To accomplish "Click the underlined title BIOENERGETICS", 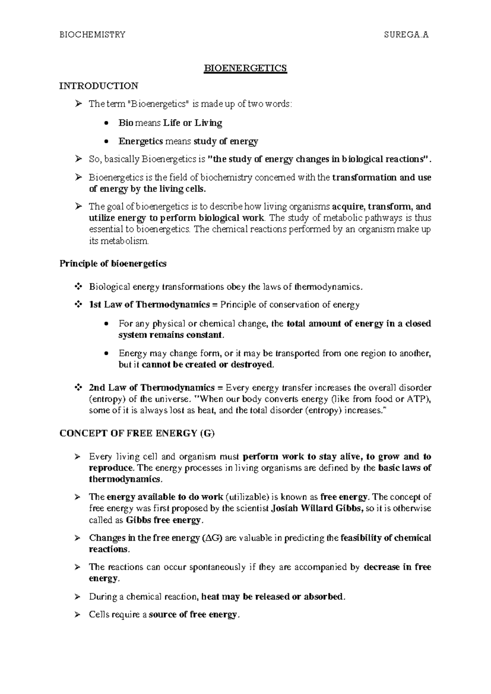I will pos(245,68).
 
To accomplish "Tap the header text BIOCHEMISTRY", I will pos(92,35).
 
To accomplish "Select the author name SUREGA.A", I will pos(406,35).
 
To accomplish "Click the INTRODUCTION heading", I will pos(99,86).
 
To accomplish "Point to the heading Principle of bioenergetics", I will pos(113,264).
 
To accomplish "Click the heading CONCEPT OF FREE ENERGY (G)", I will pos(137,434).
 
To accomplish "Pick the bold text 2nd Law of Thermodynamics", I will pos(151,388).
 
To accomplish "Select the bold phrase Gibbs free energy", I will pos(164,520).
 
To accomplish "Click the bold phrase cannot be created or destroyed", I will pos(207,365).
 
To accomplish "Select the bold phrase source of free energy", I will pos(193,615).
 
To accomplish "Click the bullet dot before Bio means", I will pos(107,123).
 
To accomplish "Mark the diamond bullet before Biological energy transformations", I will pos(77,287).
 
